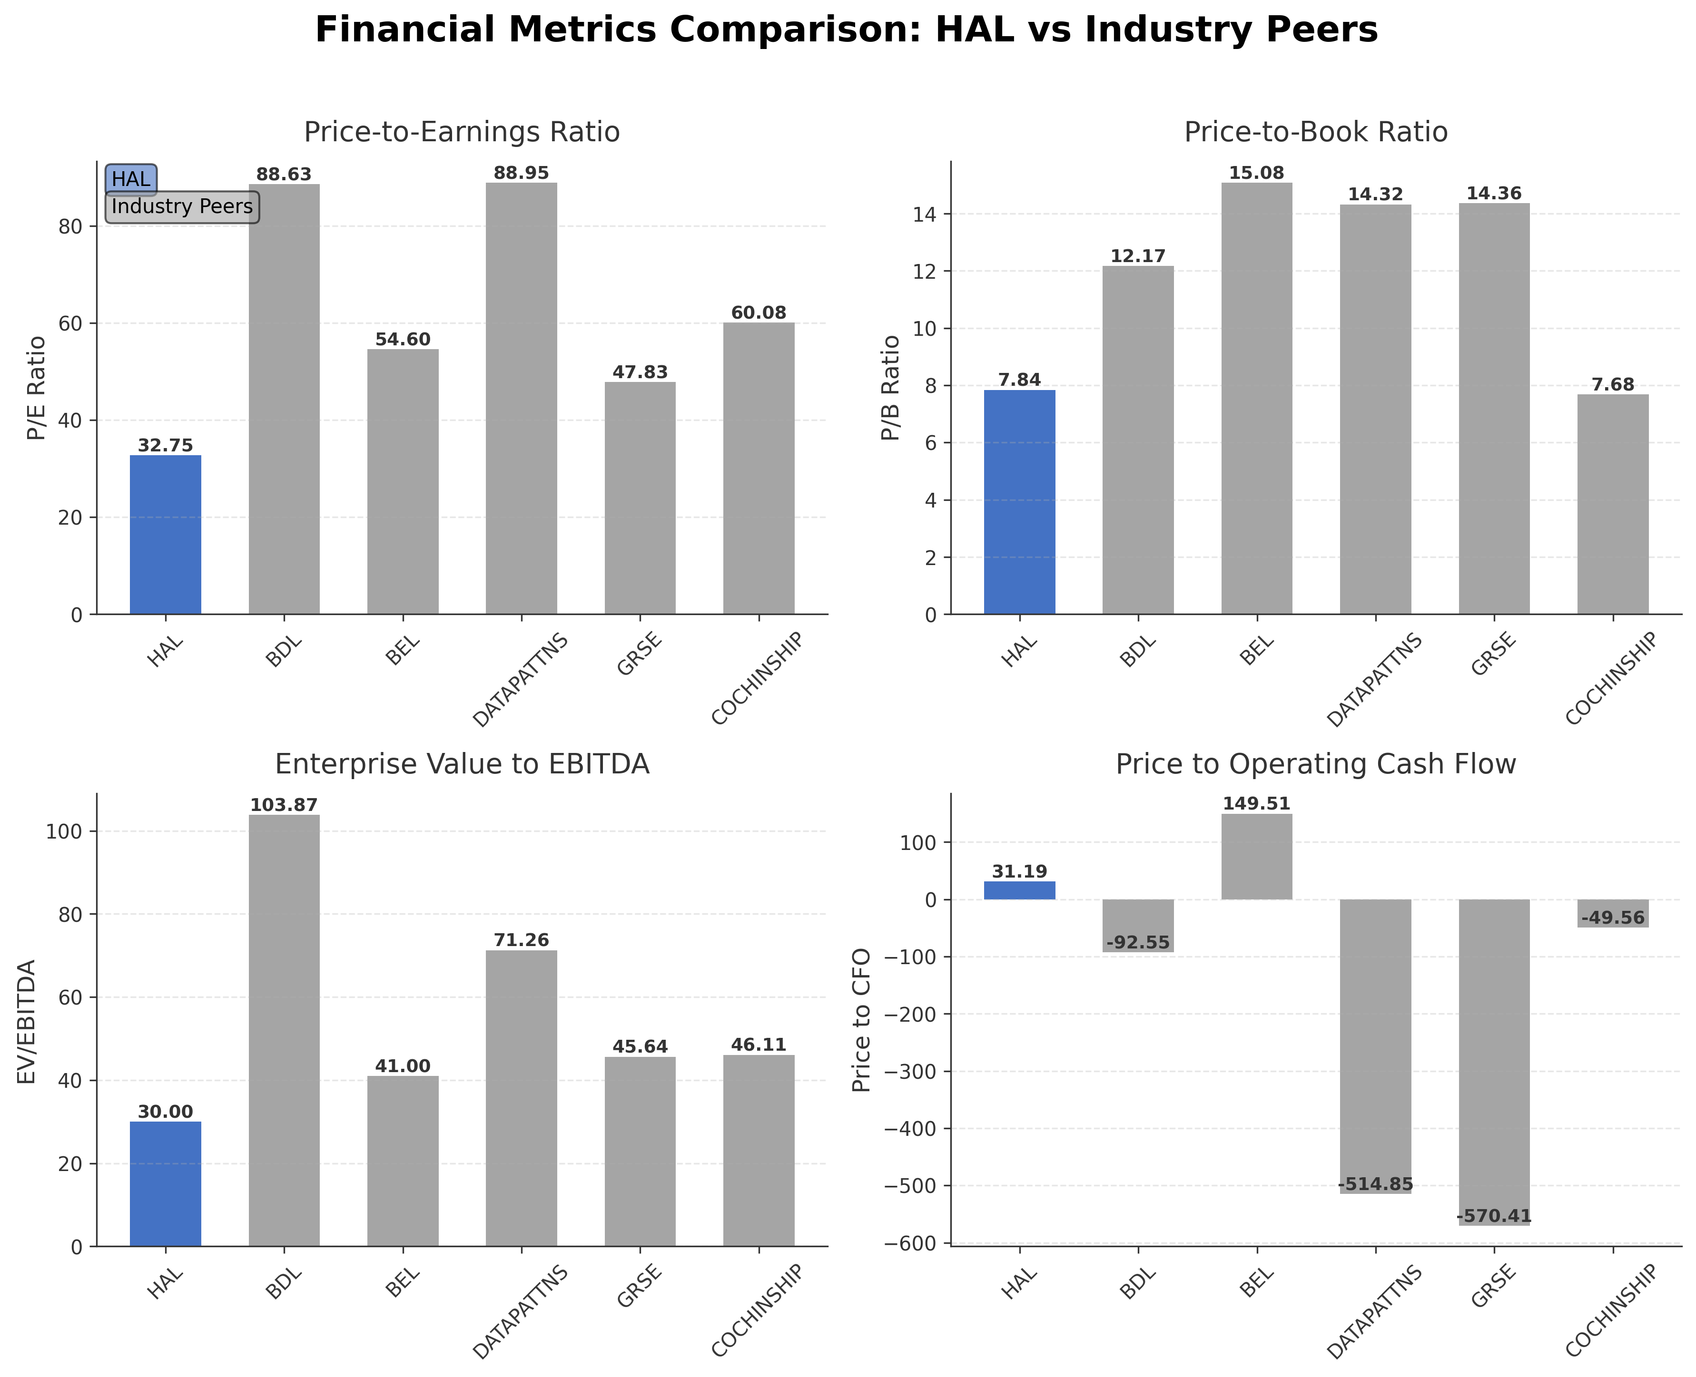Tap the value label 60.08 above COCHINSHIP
(x=758, y=313)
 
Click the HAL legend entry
(x=131, y=179)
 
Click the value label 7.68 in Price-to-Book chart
(x=1613, y=385)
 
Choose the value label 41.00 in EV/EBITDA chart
(x=403, y=1066)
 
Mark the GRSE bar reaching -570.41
(x=1494, y=1063)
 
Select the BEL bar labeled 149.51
(x=1256, y=857)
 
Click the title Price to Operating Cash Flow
(x=1315, y=764)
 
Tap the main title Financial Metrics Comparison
(x=846, y=30)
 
